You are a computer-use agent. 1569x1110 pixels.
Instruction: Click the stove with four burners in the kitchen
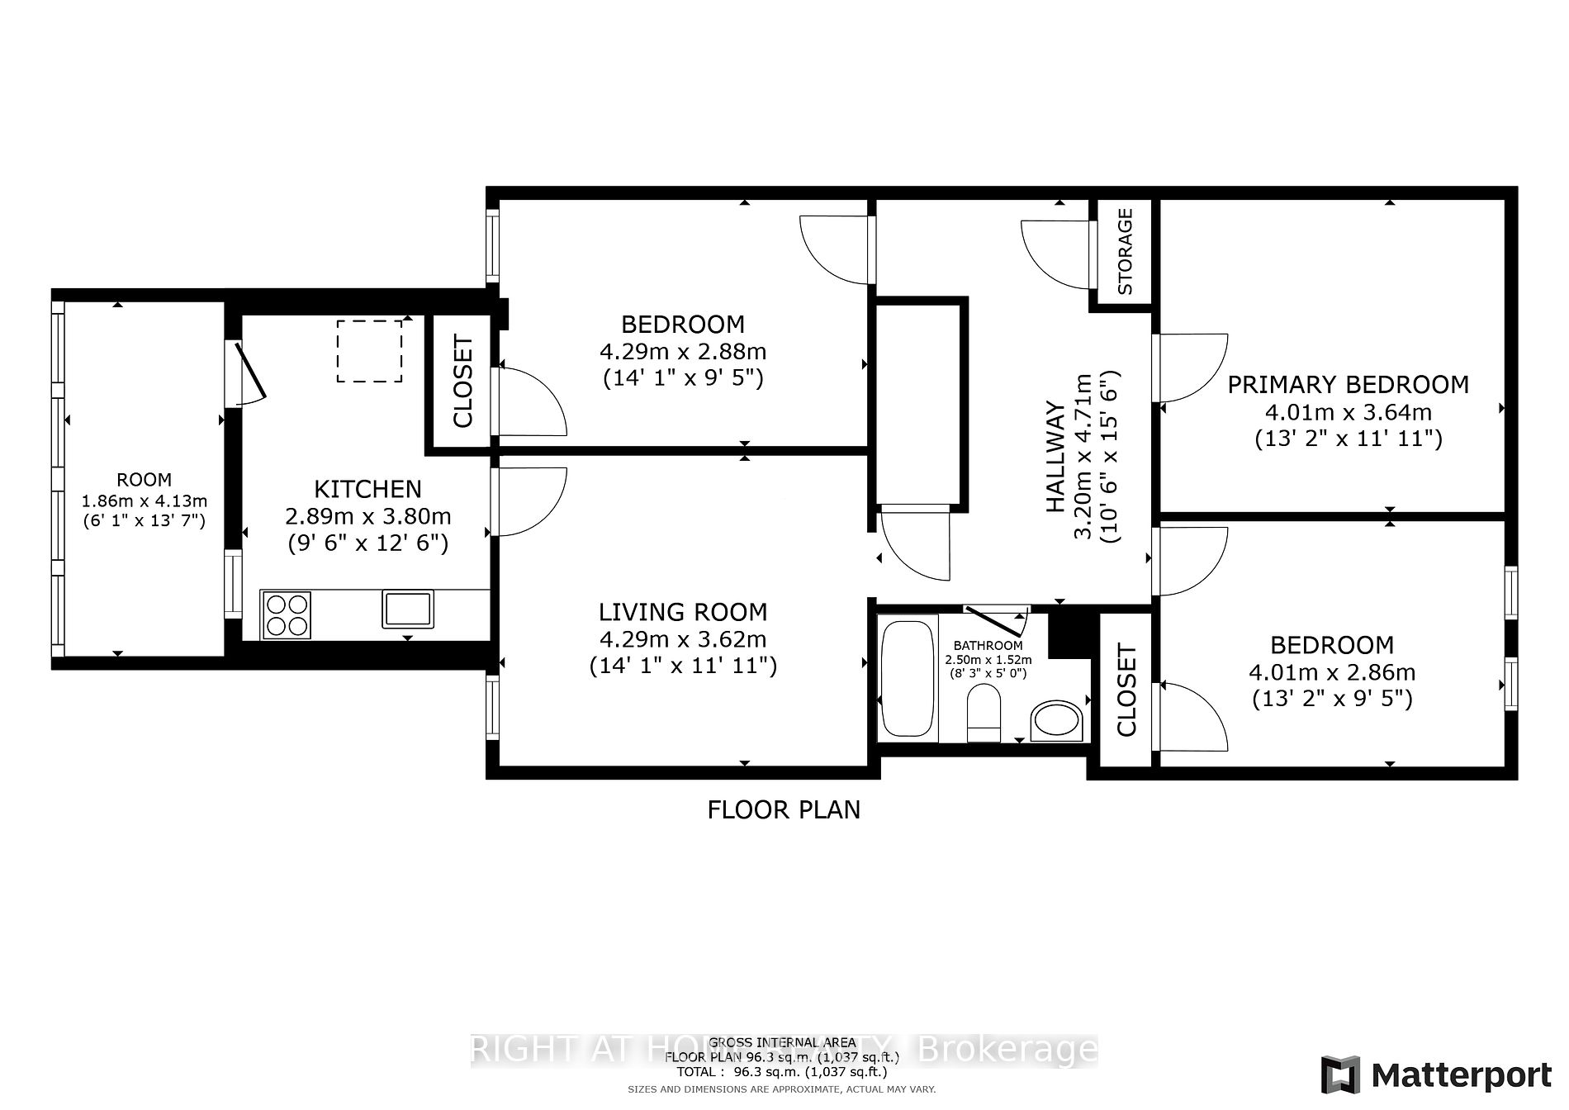(x=287, y=615)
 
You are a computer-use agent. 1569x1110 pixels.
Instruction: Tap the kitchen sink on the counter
(x=407, y=609)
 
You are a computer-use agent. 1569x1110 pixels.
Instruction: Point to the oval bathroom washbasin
(x=1056, y=721)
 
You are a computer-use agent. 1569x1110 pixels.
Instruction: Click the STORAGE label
(x=1125, y=252)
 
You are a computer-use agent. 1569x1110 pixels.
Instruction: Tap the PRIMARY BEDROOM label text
(x=1348, y=385)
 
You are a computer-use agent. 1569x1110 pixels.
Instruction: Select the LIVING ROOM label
(x=683, y=612)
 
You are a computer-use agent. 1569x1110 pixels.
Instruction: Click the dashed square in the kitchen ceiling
(x=369, y=351)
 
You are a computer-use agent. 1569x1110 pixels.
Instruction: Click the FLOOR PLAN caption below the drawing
(x=784, y=810)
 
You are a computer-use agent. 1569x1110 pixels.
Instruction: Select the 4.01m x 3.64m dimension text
(x=1348, y=411)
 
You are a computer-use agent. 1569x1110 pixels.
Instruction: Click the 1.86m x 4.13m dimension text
(x=144, y=501)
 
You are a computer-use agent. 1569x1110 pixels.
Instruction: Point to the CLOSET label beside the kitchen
(x=462, y=382)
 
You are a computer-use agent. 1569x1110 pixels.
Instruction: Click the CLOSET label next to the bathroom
(x=1126, y=690)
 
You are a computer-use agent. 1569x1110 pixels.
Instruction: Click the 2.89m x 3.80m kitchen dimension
(x=368, y=517)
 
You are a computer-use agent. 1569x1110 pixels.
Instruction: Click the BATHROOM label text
(x=988, y=646)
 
